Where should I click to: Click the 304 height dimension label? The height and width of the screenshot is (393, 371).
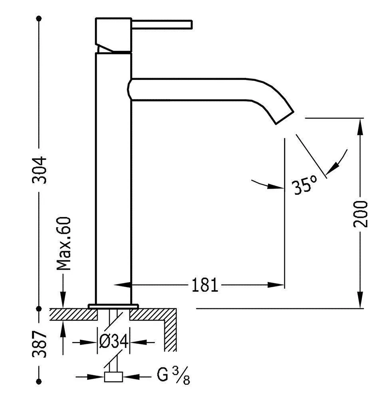click(x=40, y=169)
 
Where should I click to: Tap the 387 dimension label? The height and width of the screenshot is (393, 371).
click(x=40, y=344)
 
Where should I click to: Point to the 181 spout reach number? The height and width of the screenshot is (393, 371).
click(x=205, y=285)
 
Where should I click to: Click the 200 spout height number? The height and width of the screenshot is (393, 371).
click(x=361, y=213)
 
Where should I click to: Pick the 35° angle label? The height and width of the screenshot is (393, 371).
click(x=304, y=186)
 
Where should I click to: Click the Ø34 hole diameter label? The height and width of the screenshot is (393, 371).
click(x=114, y=342)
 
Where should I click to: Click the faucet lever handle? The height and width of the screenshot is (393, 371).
click(x=162, y=24)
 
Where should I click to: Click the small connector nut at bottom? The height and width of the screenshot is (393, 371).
click(x=113, y=377)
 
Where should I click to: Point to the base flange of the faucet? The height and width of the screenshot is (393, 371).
click(x=113, y=306)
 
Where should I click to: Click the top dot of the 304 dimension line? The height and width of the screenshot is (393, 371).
click(x=39, y=19)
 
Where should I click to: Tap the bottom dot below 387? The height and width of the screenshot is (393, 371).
click(x=39, y=381)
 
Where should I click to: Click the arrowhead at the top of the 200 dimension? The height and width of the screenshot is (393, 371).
click(x=360, y=124)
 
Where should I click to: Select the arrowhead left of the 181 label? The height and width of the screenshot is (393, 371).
click(x=122, y=285)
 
